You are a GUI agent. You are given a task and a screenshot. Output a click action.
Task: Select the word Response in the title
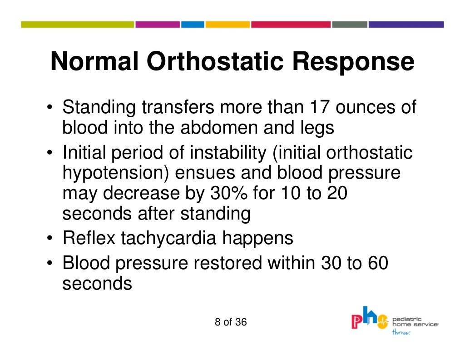coord(353,63)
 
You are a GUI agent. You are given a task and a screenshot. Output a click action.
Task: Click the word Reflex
coord(89,238)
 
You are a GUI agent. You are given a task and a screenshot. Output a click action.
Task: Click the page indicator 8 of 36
coord(231,322)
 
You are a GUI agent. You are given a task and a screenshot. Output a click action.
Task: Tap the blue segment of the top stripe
coord(193,25)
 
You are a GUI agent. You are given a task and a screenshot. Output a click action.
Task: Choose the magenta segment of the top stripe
coord(157,25)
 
